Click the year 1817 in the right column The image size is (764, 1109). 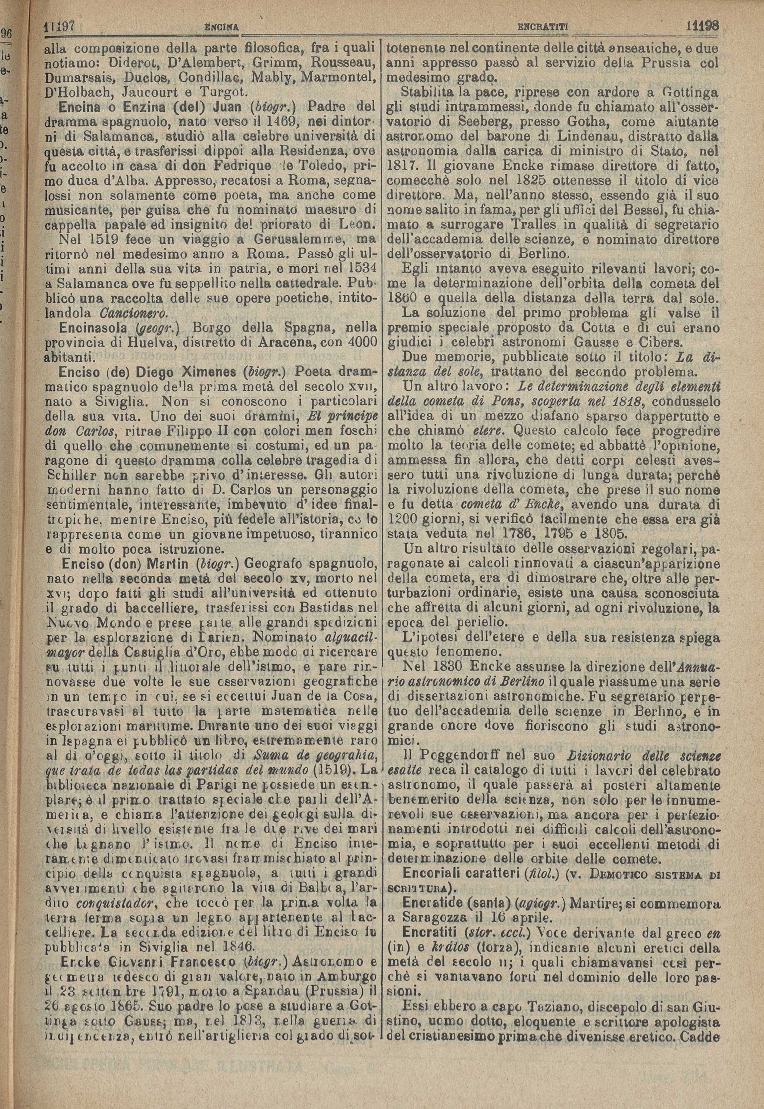(401, 167)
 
